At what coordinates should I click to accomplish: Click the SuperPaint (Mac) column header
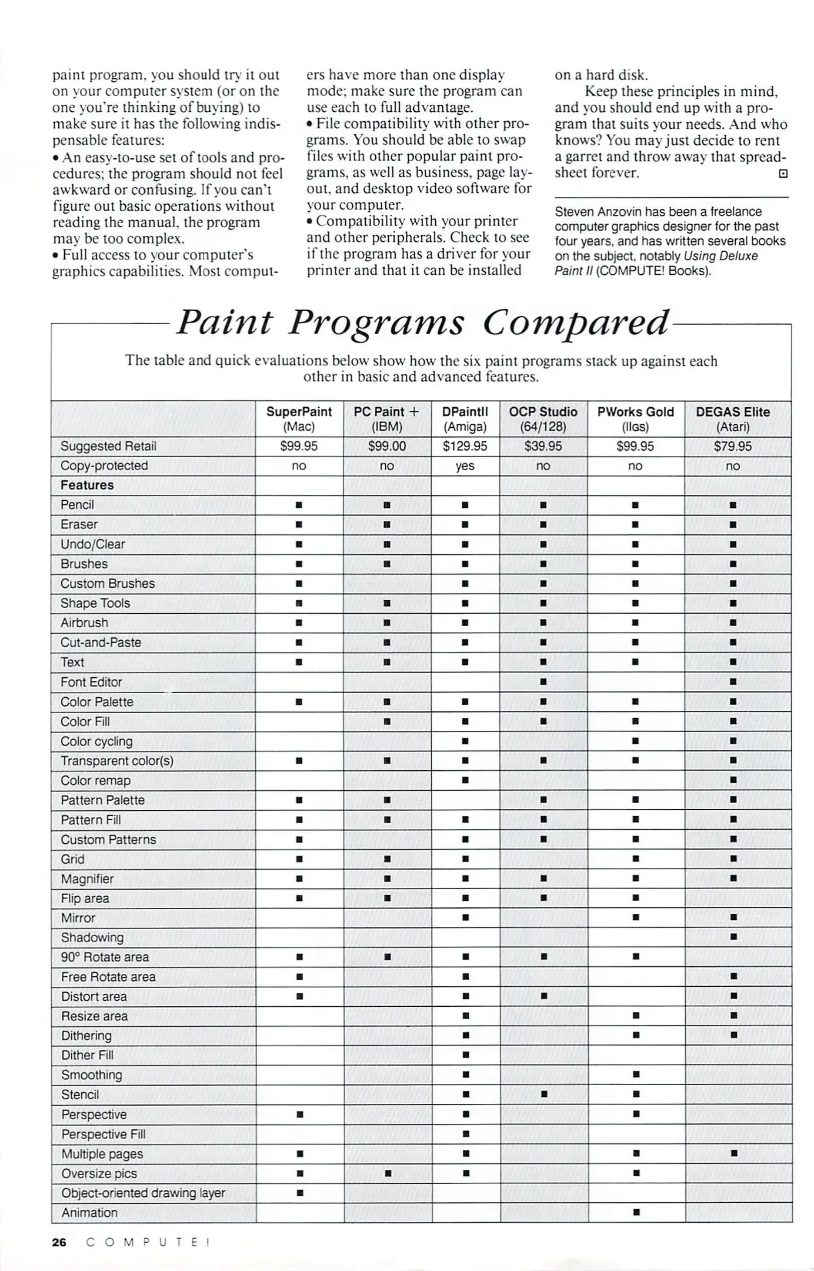pyautogui.click(x=299, y=418)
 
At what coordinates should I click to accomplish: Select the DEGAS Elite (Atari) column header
pyautogui.click(x=732, y=418)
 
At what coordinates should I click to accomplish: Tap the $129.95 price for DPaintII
pyautogui.click(x=465, y=446)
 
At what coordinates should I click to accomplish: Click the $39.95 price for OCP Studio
pyautogui.click(x=543, y=446)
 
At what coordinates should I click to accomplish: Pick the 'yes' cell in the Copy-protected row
pyautogui.click(x=465, y=465)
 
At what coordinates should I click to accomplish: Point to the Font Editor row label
pyautogui.click(x=91, y=682)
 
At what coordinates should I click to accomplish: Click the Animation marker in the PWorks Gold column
pyautogui.click(x=636, y=1212)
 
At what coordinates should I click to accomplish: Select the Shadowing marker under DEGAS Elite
pyautogui.click(x=733, y=937)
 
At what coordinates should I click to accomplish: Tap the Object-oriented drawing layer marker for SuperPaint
pyautogui.click(x=299, y=1193)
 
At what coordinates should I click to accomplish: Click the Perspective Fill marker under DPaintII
pyautogui.click(x=465, y=1133)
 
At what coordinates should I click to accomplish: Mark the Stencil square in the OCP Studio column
pyautogui.click(x=543, y=1094)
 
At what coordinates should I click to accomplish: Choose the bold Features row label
pyautogui.click(x=87, y=485)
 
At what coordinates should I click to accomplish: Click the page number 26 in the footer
pyautogui.click(x=59, y=1242)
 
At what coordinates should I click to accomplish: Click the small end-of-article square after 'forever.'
pyautogui.click(x=783, y=174)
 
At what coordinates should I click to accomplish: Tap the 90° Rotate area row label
pyautogui.click(x=105, y=957)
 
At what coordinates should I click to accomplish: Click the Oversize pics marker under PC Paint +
pyautogui.click(x=388, y=1173)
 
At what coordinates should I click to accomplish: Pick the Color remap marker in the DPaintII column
pyautogui.click(x=465, y=780)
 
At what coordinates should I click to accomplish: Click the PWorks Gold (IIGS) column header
pyautogui.click(x=635, y=418)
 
